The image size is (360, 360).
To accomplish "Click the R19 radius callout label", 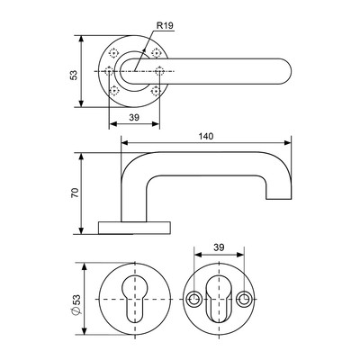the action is [166, 26].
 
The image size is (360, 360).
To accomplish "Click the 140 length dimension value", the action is [206, 136].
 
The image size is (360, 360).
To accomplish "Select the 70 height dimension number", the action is [75, 193].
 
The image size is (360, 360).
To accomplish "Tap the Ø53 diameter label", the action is [76, 304].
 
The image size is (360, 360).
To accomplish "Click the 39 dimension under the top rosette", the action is [134, 118].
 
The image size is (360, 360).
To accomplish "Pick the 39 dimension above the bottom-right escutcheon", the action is [219, 247].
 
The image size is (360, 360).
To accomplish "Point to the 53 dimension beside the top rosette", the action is [74, 75].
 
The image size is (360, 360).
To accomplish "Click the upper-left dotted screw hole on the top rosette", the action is [113, 53].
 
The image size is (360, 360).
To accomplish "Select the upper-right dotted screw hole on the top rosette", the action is [156, 53].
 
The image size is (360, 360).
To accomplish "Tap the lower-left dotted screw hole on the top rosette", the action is [113, 90].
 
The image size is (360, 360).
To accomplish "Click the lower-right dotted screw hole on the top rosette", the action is [156, 90].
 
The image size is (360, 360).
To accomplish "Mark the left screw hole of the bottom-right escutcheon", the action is [194, 299].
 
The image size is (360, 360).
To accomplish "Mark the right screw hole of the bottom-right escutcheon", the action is [243, 299].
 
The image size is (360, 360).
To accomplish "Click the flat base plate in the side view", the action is [135, 228].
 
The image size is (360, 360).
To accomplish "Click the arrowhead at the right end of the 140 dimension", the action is [288, 143].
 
